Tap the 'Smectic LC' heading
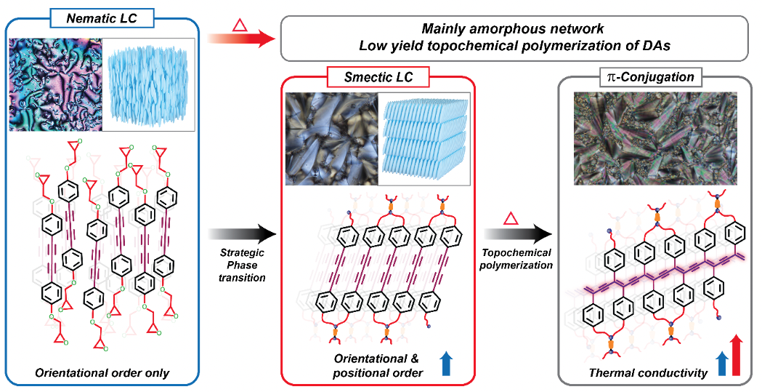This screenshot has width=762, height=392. [x=377, y=75]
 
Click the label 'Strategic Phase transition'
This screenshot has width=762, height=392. [x=241, y=265]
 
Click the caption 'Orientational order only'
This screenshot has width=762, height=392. [x=101, y=373]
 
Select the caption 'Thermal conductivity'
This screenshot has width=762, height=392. [x=637, y=373]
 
